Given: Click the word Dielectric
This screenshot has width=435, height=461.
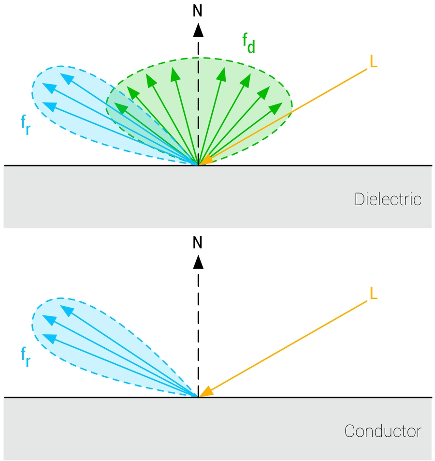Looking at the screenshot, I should tap(388, 199).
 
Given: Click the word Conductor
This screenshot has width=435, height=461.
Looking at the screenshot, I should tap(383, 431).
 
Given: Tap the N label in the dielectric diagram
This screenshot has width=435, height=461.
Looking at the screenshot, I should tap(198, 11).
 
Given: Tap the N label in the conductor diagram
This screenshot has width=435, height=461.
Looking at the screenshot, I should tap(198, 242).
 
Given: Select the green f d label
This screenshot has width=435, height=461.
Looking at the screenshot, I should tap(248, 44).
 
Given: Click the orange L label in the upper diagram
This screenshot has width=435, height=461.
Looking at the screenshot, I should tap(373, 61).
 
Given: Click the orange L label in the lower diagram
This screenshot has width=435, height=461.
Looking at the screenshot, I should tap(373, 293).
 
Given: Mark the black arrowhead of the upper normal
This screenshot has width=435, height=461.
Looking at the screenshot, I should tap(198, 30).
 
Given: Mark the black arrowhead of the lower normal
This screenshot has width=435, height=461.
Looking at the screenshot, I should tap(198, 262).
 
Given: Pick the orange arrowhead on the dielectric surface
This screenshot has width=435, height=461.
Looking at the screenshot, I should tap(206, 160).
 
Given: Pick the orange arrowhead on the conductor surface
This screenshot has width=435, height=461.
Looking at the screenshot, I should tap(206, 392).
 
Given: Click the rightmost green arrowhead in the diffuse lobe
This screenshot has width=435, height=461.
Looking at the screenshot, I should tap(276, 107).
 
